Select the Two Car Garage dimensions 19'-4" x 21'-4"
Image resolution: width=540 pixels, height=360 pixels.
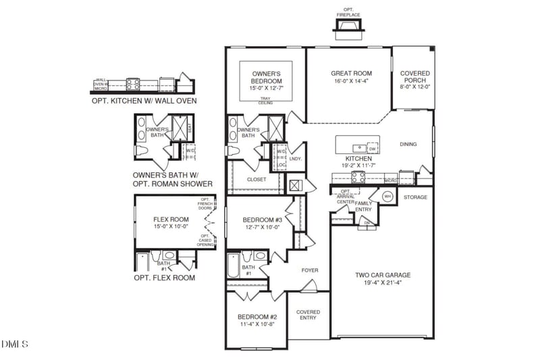click(x=383, y=284)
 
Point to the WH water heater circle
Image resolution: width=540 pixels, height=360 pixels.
click(x=387, y=197)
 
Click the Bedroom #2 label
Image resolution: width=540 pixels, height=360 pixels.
click(x=257, y=317)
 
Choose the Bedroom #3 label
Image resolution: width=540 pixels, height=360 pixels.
click(x=261, y=220)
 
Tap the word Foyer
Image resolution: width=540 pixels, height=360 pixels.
click(x=309, y=270)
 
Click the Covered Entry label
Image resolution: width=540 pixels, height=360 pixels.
click(x=308, y=315)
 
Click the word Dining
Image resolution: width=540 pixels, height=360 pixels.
click(x=408, y=144)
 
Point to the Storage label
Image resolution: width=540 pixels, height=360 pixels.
click(x=415, y=197)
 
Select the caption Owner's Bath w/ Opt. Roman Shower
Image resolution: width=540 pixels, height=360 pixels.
click(x=173, y=178)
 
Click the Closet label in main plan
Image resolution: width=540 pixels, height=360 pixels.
click(x=256, y=180)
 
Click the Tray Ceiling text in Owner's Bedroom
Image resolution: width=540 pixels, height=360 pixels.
click(x=265, y=101)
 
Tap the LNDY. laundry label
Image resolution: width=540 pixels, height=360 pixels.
click(x=295, y=159)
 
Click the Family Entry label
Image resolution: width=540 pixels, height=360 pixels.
click(x=363, y=207)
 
